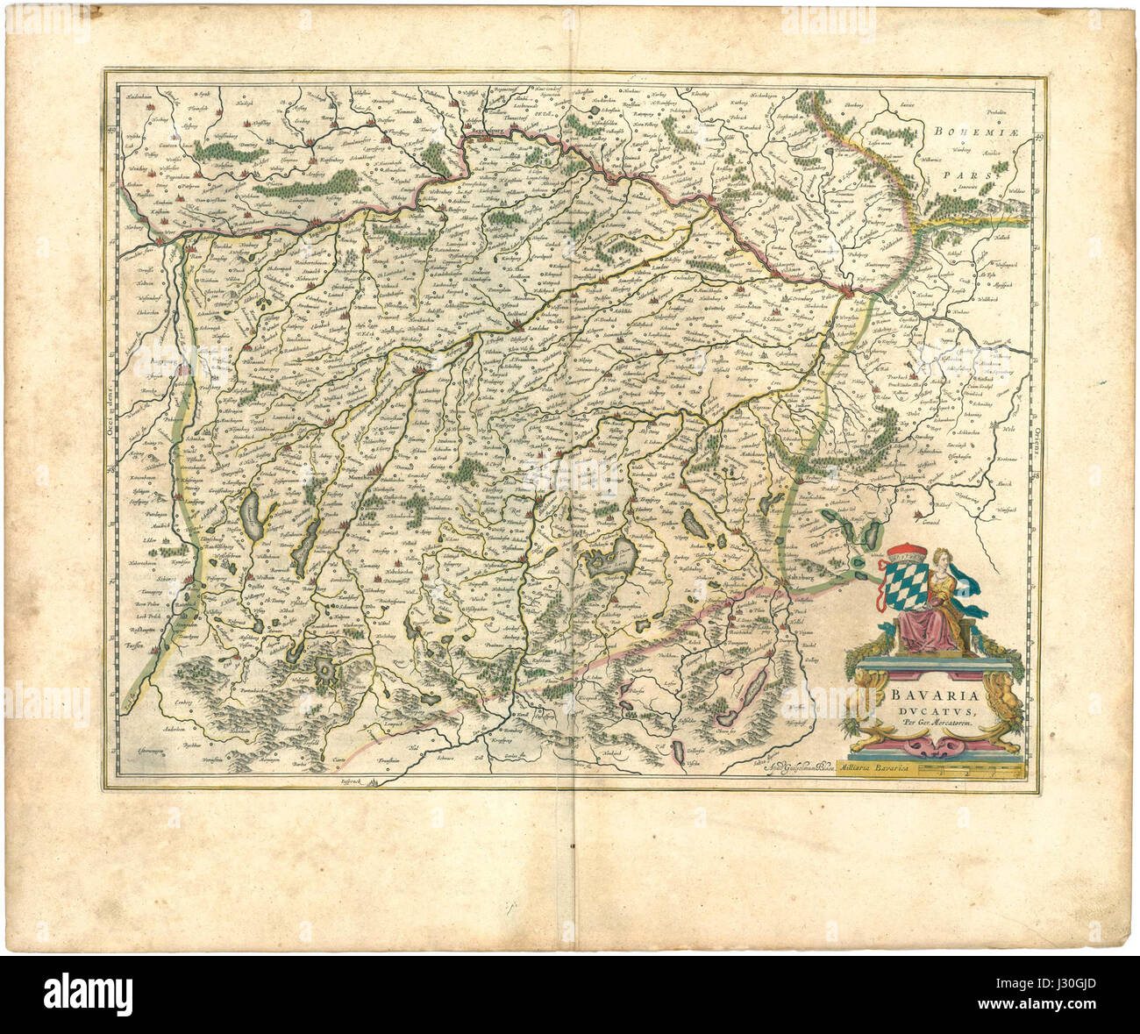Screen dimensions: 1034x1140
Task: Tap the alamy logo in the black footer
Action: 89,994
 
